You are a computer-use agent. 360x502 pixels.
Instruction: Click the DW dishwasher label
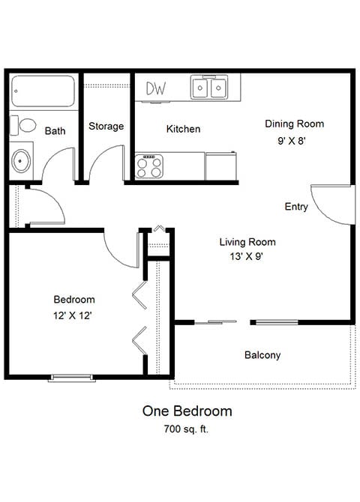[156, 88]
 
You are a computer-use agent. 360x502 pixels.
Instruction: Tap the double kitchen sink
[209, 87]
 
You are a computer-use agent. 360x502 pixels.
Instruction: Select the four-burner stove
[149, 166]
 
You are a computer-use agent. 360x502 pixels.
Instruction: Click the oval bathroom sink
[21, 161]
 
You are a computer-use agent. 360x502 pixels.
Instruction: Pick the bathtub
[43, 91]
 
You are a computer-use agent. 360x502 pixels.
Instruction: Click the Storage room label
[106, 126]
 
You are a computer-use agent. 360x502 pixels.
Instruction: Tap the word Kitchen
[183, 129]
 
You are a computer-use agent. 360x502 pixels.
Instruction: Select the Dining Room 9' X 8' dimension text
[292, 141]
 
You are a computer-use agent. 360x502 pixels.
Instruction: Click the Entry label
[296, 207]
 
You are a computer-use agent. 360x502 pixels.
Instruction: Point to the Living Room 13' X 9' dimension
[247, 256]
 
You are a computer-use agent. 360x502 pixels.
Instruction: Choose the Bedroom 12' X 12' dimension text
[73, 315]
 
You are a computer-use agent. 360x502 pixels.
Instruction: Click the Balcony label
[262, 354]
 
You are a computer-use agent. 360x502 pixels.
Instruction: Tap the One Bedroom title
[187, 411]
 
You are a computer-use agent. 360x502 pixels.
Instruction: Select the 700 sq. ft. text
[186, 429]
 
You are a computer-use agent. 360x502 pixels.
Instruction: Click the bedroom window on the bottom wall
[72, 378]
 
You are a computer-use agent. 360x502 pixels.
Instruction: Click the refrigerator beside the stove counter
[220, 166]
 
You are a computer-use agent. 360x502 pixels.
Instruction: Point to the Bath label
[55, 130]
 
